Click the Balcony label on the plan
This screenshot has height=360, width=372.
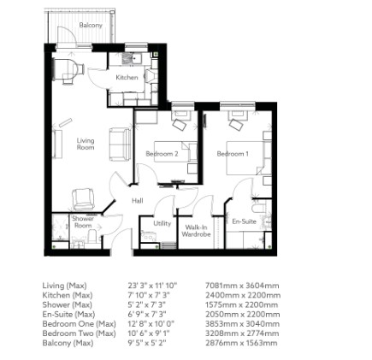(x=90, y=25)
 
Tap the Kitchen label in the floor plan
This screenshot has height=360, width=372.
(x=126, y=75)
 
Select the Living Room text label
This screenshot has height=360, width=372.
(x=86, y=145)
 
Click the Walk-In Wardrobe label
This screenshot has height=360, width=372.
(x=195, y=230)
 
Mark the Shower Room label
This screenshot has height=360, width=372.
(x=82, y=220)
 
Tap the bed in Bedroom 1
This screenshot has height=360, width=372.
(x=253, y=154)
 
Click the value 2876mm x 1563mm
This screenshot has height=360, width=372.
(x=276, y=340)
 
